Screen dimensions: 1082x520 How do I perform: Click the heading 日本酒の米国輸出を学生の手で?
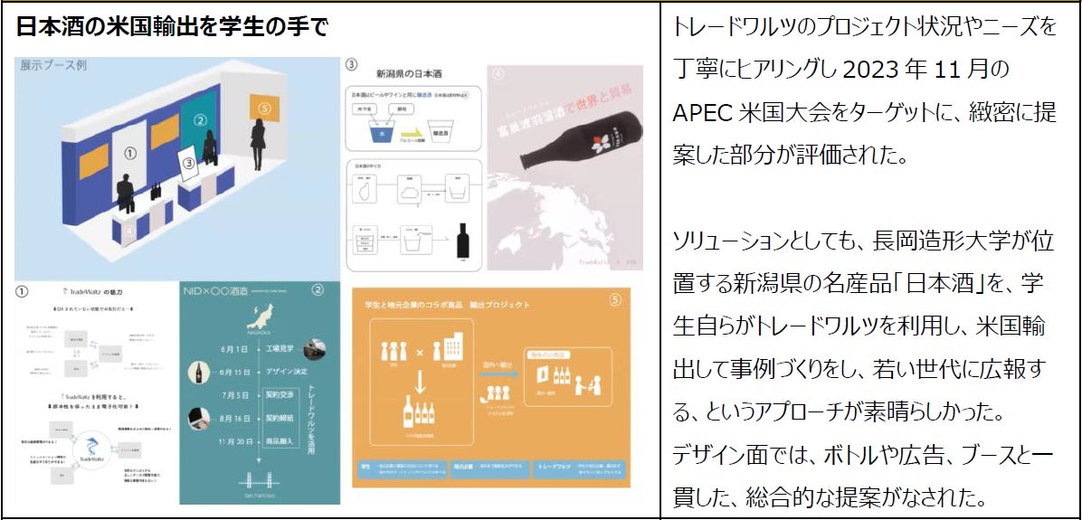pos(172,26)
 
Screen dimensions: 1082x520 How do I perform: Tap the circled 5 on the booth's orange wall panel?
pos(264,108)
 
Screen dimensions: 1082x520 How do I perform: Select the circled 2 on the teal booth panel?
pos(202,119)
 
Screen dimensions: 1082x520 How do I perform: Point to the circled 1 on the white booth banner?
pos(129,154)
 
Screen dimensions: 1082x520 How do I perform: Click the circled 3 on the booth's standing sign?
pos(188,163)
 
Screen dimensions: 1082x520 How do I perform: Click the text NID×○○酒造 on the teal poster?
pos(214,291)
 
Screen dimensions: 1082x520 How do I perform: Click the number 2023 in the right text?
pos(873,69)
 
